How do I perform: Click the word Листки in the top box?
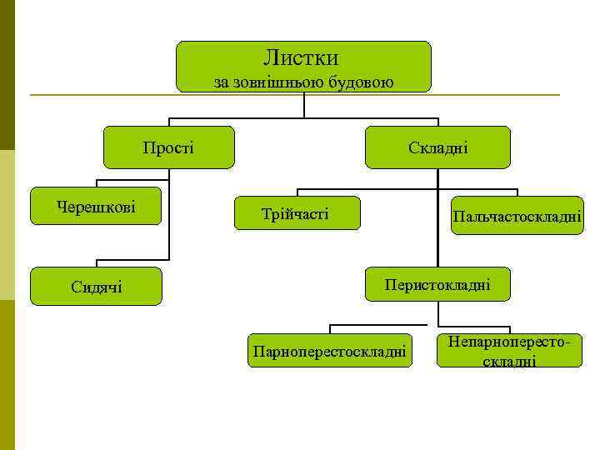[x=301, y=58]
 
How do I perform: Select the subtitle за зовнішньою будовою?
[x=304, y=82]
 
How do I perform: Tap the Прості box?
[x=168, y=147]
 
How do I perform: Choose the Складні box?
[x=437, y=147]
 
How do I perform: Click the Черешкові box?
[x=96, y=206]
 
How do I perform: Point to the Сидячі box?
[x=96, y=287]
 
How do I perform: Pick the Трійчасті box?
[x=297, y=215]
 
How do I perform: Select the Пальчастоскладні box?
[x=517, y=216]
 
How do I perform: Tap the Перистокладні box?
[x=437, y=285]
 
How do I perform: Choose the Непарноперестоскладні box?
[x=508, y=351]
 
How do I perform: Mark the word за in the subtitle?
[x=221, y=82]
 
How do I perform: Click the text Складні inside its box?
[x=437, y=147]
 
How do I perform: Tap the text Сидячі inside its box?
[x=97, y=287]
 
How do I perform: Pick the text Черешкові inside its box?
[x=96, y=206]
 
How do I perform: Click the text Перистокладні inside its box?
[x=437, y=285]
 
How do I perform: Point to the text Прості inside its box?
[x=168, y=147]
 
